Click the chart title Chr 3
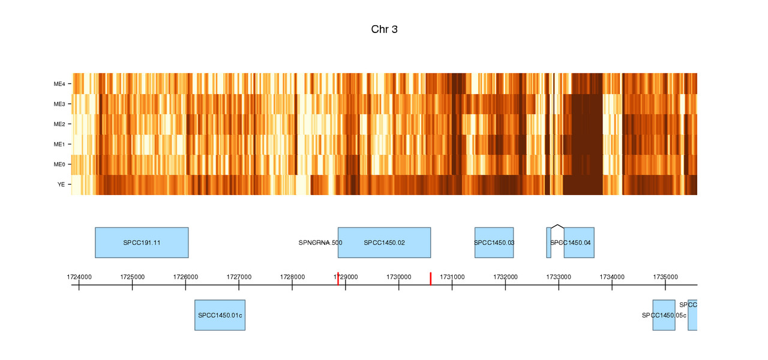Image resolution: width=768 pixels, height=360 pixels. coord(384,29)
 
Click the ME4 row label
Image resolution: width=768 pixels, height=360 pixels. coord(59,84)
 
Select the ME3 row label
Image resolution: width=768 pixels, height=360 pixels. coord(59,104)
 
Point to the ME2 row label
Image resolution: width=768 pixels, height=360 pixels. coord(59,124)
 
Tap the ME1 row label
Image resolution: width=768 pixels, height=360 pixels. coord(59,145)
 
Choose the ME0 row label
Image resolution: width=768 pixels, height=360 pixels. coord(59,164)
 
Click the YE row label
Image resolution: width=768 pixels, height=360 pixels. coord(61,185)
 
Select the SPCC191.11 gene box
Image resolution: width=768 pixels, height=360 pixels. coord(142,242)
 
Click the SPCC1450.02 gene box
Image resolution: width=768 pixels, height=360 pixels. coord(384,242)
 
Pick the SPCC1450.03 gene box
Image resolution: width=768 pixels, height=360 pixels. coord(494,242)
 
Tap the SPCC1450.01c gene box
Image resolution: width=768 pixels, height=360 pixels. coord(220,315)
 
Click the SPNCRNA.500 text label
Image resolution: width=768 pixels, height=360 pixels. coord(320,243)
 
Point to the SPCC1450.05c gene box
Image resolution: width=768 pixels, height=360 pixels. coord(664,315)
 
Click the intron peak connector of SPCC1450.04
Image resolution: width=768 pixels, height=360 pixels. coord(557,226)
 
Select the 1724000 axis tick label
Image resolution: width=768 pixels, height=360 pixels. coord(79,277)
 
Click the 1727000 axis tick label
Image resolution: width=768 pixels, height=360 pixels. coord(239,277)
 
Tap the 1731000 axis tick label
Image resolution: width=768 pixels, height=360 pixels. coord(452,277)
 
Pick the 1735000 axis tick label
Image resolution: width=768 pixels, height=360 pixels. coord(665,277)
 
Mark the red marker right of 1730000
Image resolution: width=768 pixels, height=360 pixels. coord(430,278)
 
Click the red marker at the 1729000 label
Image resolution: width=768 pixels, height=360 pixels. coord(338,279)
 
